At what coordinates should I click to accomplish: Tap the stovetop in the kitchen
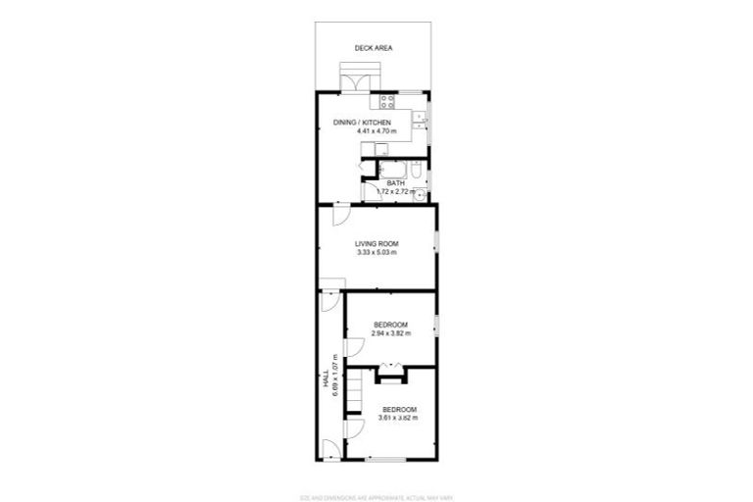click(x=385, y=100)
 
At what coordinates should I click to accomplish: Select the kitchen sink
click(x=419, y=120)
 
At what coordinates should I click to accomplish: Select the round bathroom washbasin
click(x=420, y=193)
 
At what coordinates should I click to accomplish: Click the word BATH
click(x=395, y=183)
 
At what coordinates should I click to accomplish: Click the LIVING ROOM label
click(x=376, y=243)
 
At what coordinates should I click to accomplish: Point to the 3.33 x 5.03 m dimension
click(x=376, y=253)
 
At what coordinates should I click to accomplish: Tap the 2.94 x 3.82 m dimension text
click(x=390, y=333)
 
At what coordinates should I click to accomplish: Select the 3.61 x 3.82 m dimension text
click(x=399, y=418)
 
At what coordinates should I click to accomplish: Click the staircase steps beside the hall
click(x=359, y=392)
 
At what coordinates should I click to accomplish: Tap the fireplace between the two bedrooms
click(x=390, y=370)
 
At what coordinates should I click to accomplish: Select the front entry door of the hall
click(x=331, y=450)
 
